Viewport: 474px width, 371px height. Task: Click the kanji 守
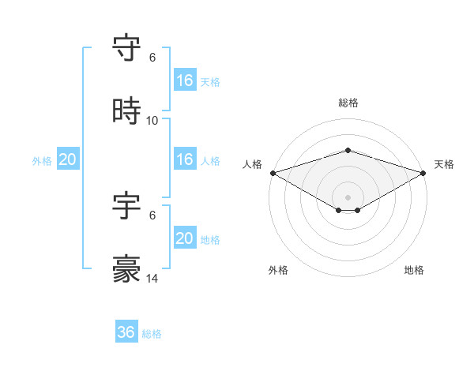(127, 49)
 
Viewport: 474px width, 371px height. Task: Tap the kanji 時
(127, 112)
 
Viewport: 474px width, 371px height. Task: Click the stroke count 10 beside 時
(152, 121)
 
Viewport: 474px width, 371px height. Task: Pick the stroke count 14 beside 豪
(152, 279)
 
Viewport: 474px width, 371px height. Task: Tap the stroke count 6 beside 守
(152, 58)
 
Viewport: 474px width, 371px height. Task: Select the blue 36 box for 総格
(126, 333)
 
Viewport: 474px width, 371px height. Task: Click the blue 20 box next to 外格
(67, 159)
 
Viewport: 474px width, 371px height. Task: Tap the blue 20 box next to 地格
(184, 238)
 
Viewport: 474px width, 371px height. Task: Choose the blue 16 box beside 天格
(184, 81)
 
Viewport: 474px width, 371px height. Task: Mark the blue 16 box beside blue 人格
(184, 159)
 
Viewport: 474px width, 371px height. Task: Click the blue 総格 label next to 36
(152, 334)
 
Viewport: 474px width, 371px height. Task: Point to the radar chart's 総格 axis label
(348, 103)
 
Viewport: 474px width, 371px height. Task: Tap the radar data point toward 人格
(273, 172)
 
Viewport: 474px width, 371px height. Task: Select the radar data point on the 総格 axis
(348, 150)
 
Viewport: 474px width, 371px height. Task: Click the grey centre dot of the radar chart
(348, 197)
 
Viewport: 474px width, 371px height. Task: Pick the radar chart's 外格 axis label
(278, 270)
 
